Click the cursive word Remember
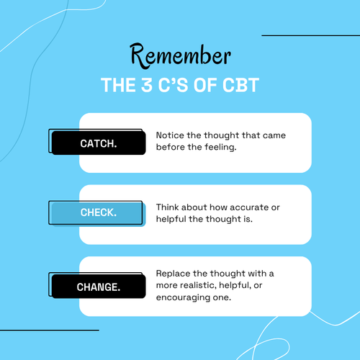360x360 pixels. [x=180, y=56]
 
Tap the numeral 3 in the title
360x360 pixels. [x=147, y=85]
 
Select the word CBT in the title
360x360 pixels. [x=240, y=85]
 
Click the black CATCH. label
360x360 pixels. [x=99, y=143]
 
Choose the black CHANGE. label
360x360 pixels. [x=99, y=287]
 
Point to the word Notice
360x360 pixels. [x=170, y=135]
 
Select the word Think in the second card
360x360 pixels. [x=168, y=207]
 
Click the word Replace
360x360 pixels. [x=173, y=274]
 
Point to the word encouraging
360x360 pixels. [x=183, y=298]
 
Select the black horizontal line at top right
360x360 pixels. [x=311, y=35]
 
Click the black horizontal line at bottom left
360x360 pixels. [x=50, y=330]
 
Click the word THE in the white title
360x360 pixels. [x=118, y=85]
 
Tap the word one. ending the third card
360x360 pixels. [x=222, y=298]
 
